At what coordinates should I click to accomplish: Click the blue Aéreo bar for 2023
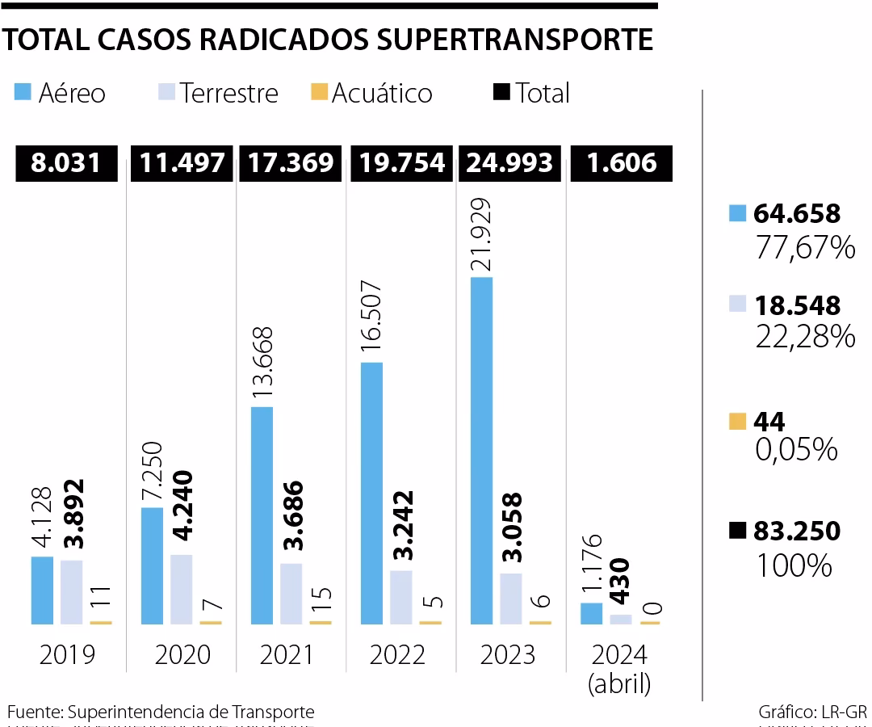pyautogui.click(x=481, y=451)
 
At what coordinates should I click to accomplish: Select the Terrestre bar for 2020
pyautogui.click(x=182, y=589)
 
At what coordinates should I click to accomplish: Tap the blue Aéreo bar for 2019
pyautogui.click(x=42, y=590)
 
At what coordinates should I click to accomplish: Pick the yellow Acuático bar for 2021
pyautogui.click(x=321, y=622)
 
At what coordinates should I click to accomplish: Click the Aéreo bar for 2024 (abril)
pyautogui.click(x=591, y=613)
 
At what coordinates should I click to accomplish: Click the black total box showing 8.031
pyautogui.click(x=67, y=163)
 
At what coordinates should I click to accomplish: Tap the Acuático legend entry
pyautogui.click(x=371, y=93)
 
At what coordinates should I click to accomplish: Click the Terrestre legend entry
pyautogui.click(x=218, y=93)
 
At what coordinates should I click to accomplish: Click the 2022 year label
pyautogui.click(x=397, y=654)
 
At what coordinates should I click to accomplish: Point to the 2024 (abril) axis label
pyautogui.click(x=620, y=669)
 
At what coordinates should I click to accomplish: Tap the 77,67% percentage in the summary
pyautogui.click(x=804, y=247)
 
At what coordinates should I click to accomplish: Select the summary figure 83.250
pyautogui.click(x=796, y=532)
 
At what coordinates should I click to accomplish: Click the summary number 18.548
pyautogui.click(x=796, y=305)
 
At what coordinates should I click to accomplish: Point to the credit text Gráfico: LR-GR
pyautogui.click(x=812, y=712)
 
